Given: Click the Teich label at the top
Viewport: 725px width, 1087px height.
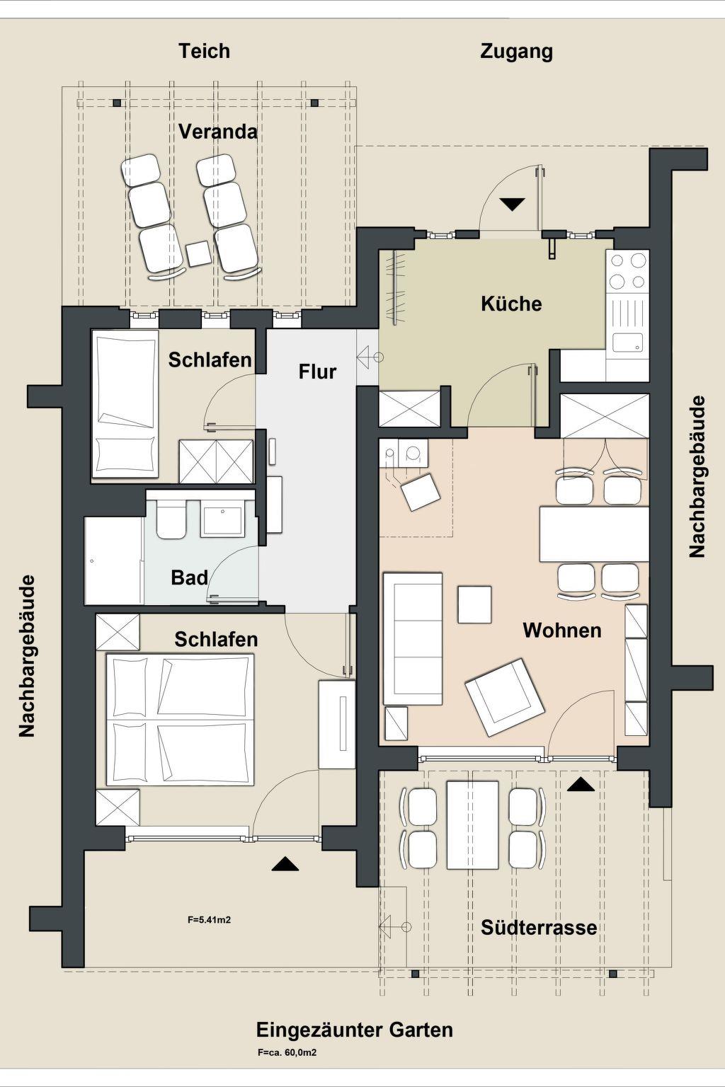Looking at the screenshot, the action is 204,52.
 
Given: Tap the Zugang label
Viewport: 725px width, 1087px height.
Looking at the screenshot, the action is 516,52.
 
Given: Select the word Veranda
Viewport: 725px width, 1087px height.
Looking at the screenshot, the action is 218,132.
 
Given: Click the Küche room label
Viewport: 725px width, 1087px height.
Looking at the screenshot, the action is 511,304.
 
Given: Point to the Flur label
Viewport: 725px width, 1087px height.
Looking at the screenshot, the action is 317,372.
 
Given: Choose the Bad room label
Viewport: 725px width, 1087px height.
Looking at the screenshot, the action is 189,577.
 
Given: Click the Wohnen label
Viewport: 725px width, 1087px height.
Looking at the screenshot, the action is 562,631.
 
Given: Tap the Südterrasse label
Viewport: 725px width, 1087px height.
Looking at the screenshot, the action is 539,927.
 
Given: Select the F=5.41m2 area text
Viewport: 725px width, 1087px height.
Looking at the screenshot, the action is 209,919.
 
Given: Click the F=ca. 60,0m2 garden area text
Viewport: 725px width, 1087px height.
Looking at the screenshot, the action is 287,1052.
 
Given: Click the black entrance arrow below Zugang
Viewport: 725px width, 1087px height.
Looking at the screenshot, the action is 513,205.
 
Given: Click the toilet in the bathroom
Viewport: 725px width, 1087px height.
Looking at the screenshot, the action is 171,519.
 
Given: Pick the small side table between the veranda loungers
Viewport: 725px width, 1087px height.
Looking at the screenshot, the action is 199,254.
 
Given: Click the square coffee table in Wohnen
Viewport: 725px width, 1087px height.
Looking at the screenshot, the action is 474,604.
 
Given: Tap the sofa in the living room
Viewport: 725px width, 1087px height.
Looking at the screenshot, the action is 413,638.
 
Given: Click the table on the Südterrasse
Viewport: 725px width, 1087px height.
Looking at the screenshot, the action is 472,824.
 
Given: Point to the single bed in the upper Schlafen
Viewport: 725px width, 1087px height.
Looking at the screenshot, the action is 125,404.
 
